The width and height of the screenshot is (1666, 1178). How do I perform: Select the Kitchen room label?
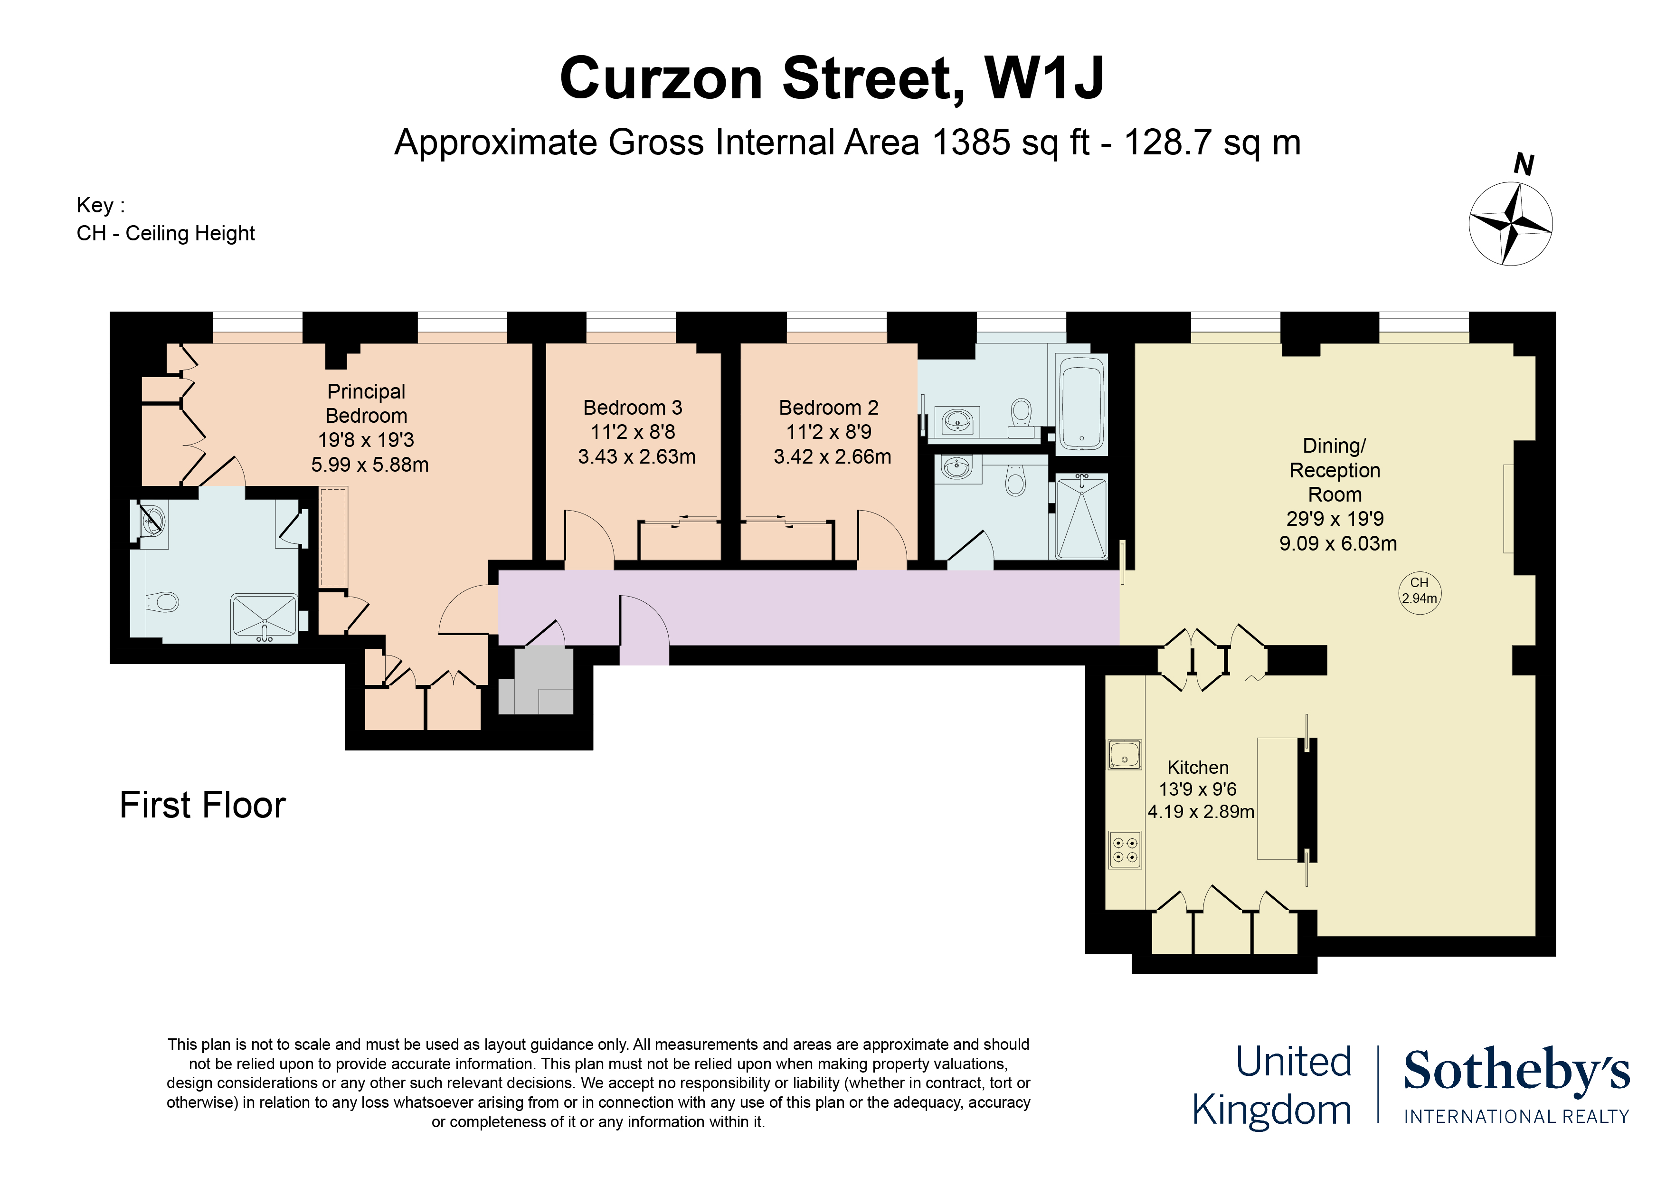coord(1198,767)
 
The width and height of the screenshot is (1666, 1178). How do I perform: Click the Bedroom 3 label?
coord(633,408)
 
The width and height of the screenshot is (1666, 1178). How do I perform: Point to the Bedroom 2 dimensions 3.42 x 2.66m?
coord(832,456)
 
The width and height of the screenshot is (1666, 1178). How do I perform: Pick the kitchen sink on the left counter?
coord(1125,755)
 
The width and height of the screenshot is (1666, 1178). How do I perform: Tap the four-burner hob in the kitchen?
coord(1125,850)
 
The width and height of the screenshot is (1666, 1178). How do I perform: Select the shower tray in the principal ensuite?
coord(264,617)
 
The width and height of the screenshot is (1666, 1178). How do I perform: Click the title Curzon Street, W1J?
coord(832,78)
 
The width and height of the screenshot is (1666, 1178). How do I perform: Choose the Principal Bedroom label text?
coord(367,404)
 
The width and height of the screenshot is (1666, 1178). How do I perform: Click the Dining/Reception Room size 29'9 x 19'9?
coord(1335,519)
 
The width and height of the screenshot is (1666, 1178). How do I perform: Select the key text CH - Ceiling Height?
coord(165,234)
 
